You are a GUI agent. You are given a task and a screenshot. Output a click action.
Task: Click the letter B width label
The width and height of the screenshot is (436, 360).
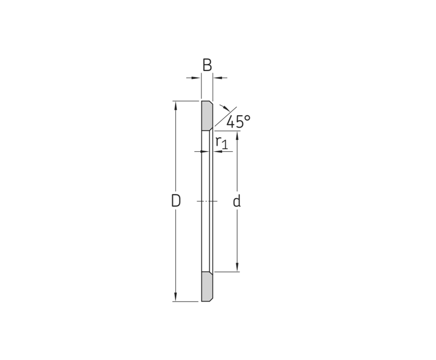pos(207,65)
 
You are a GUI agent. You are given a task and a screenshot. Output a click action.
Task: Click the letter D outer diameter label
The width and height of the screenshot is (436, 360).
pos(176,200)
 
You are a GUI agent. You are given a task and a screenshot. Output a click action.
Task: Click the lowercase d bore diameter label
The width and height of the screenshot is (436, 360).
pos(236,201)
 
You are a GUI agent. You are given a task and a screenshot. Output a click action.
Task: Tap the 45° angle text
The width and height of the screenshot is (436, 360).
pos(238,121)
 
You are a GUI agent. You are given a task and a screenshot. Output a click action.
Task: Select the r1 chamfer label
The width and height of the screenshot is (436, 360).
pos(222,142)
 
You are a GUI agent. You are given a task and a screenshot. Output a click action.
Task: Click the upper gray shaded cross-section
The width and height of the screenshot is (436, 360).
pos(207,116)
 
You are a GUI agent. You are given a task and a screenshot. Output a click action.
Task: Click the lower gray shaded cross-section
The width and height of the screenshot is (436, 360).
pos(207,287)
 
